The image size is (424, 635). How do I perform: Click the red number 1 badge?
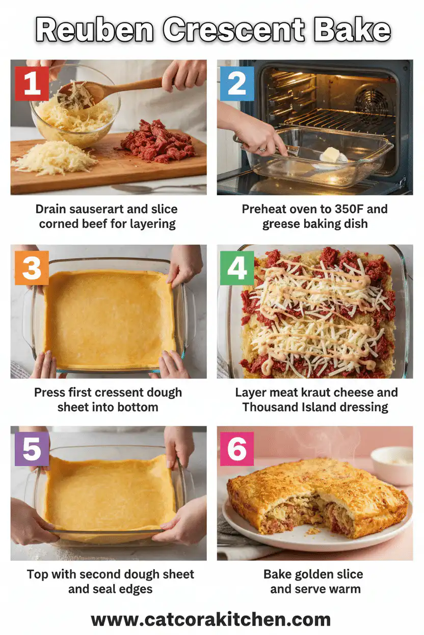coord(32,83)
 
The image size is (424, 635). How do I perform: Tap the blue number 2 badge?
coord(237,83)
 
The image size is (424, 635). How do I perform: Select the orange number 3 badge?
coord(32,268)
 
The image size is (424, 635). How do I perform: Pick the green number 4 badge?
coord(237,268)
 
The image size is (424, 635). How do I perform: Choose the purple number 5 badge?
coord(32,449)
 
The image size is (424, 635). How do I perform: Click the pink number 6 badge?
coord(236,449)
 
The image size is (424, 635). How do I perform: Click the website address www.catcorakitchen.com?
coord(211,619)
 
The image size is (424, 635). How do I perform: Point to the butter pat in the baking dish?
coord(331,155)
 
